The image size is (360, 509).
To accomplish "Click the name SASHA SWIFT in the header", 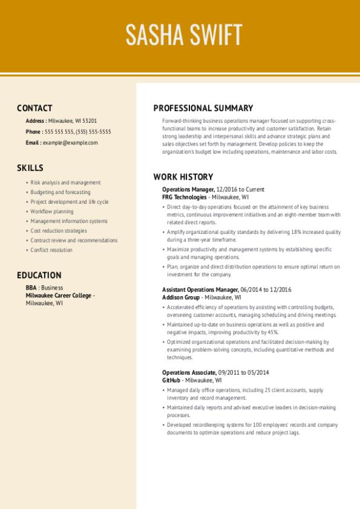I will [184, 35].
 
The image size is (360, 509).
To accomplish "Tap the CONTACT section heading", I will [34, 108].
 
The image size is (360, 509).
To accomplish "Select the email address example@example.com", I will [70, 143].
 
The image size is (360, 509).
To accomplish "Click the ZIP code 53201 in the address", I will [90, 121].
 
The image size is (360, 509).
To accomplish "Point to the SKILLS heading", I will [30, 168].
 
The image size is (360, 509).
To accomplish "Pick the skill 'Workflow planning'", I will [52, 212].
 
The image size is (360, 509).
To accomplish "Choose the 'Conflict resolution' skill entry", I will [51, 250].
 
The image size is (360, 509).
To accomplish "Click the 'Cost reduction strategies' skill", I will [58, 231].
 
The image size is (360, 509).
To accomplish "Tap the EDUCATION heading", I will [39, 275].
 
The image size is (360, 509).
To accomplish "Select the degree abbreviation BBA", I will [31, 288].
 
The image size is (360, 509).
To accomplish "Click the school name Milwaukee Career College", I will [59, 296].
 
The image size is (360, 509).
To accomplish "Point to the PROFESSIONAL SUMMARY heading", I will [203, 108].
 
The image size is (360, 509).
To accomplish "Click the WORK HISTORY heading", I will [183, 177].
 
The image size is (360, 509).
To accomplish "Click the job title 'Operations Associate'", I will [189, 373].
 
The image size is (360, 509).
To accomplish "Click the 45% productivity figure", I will [272, 332].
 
